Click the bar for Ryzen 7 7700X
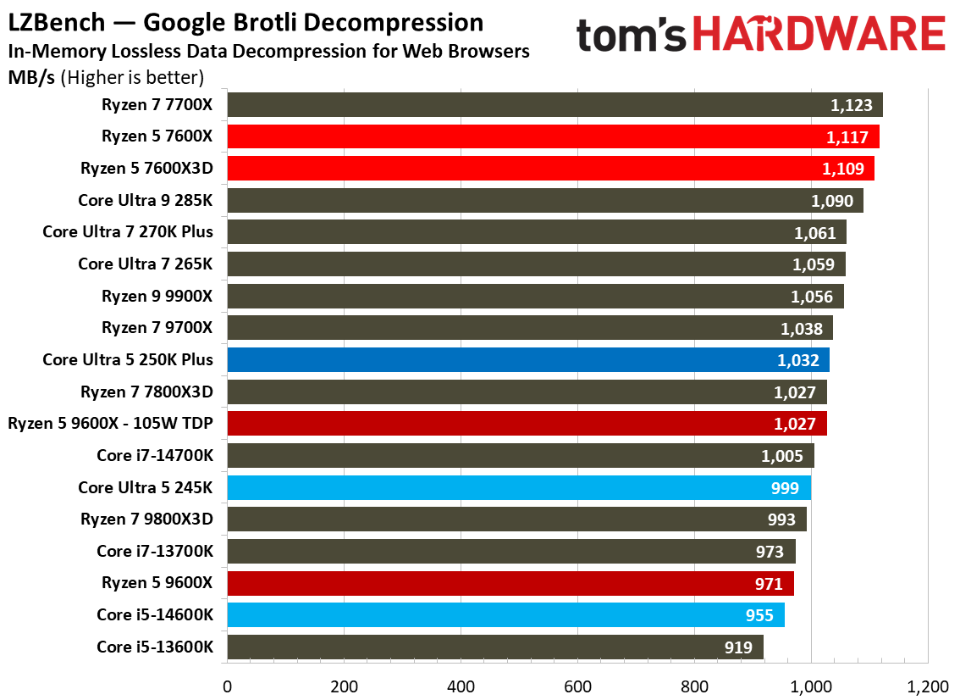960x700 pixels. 554,105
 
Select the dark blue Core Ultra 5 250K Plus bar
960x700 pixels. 527,360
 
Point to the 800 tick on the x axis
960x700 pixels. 694,685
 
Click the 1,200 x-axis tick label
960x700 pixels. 928,685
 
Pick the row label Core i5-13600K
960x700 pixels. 155,647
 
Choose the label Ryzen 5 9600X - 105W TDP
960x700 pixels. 110,424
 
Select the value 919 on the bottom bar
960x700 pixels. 738,647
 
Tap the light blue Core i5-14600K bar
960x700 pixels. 505,615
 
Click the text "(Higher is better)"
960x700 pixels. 135,78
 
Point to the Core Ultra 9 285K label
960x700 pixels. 145,200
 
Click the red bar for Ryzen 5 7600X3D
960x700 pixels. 550,169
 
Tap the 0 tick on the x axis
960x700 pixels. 227,685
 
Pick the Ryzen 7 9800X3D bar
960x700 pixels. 516,519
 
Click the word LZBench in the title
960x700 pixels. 51,23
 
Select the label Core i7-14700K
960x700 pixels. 155,456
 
